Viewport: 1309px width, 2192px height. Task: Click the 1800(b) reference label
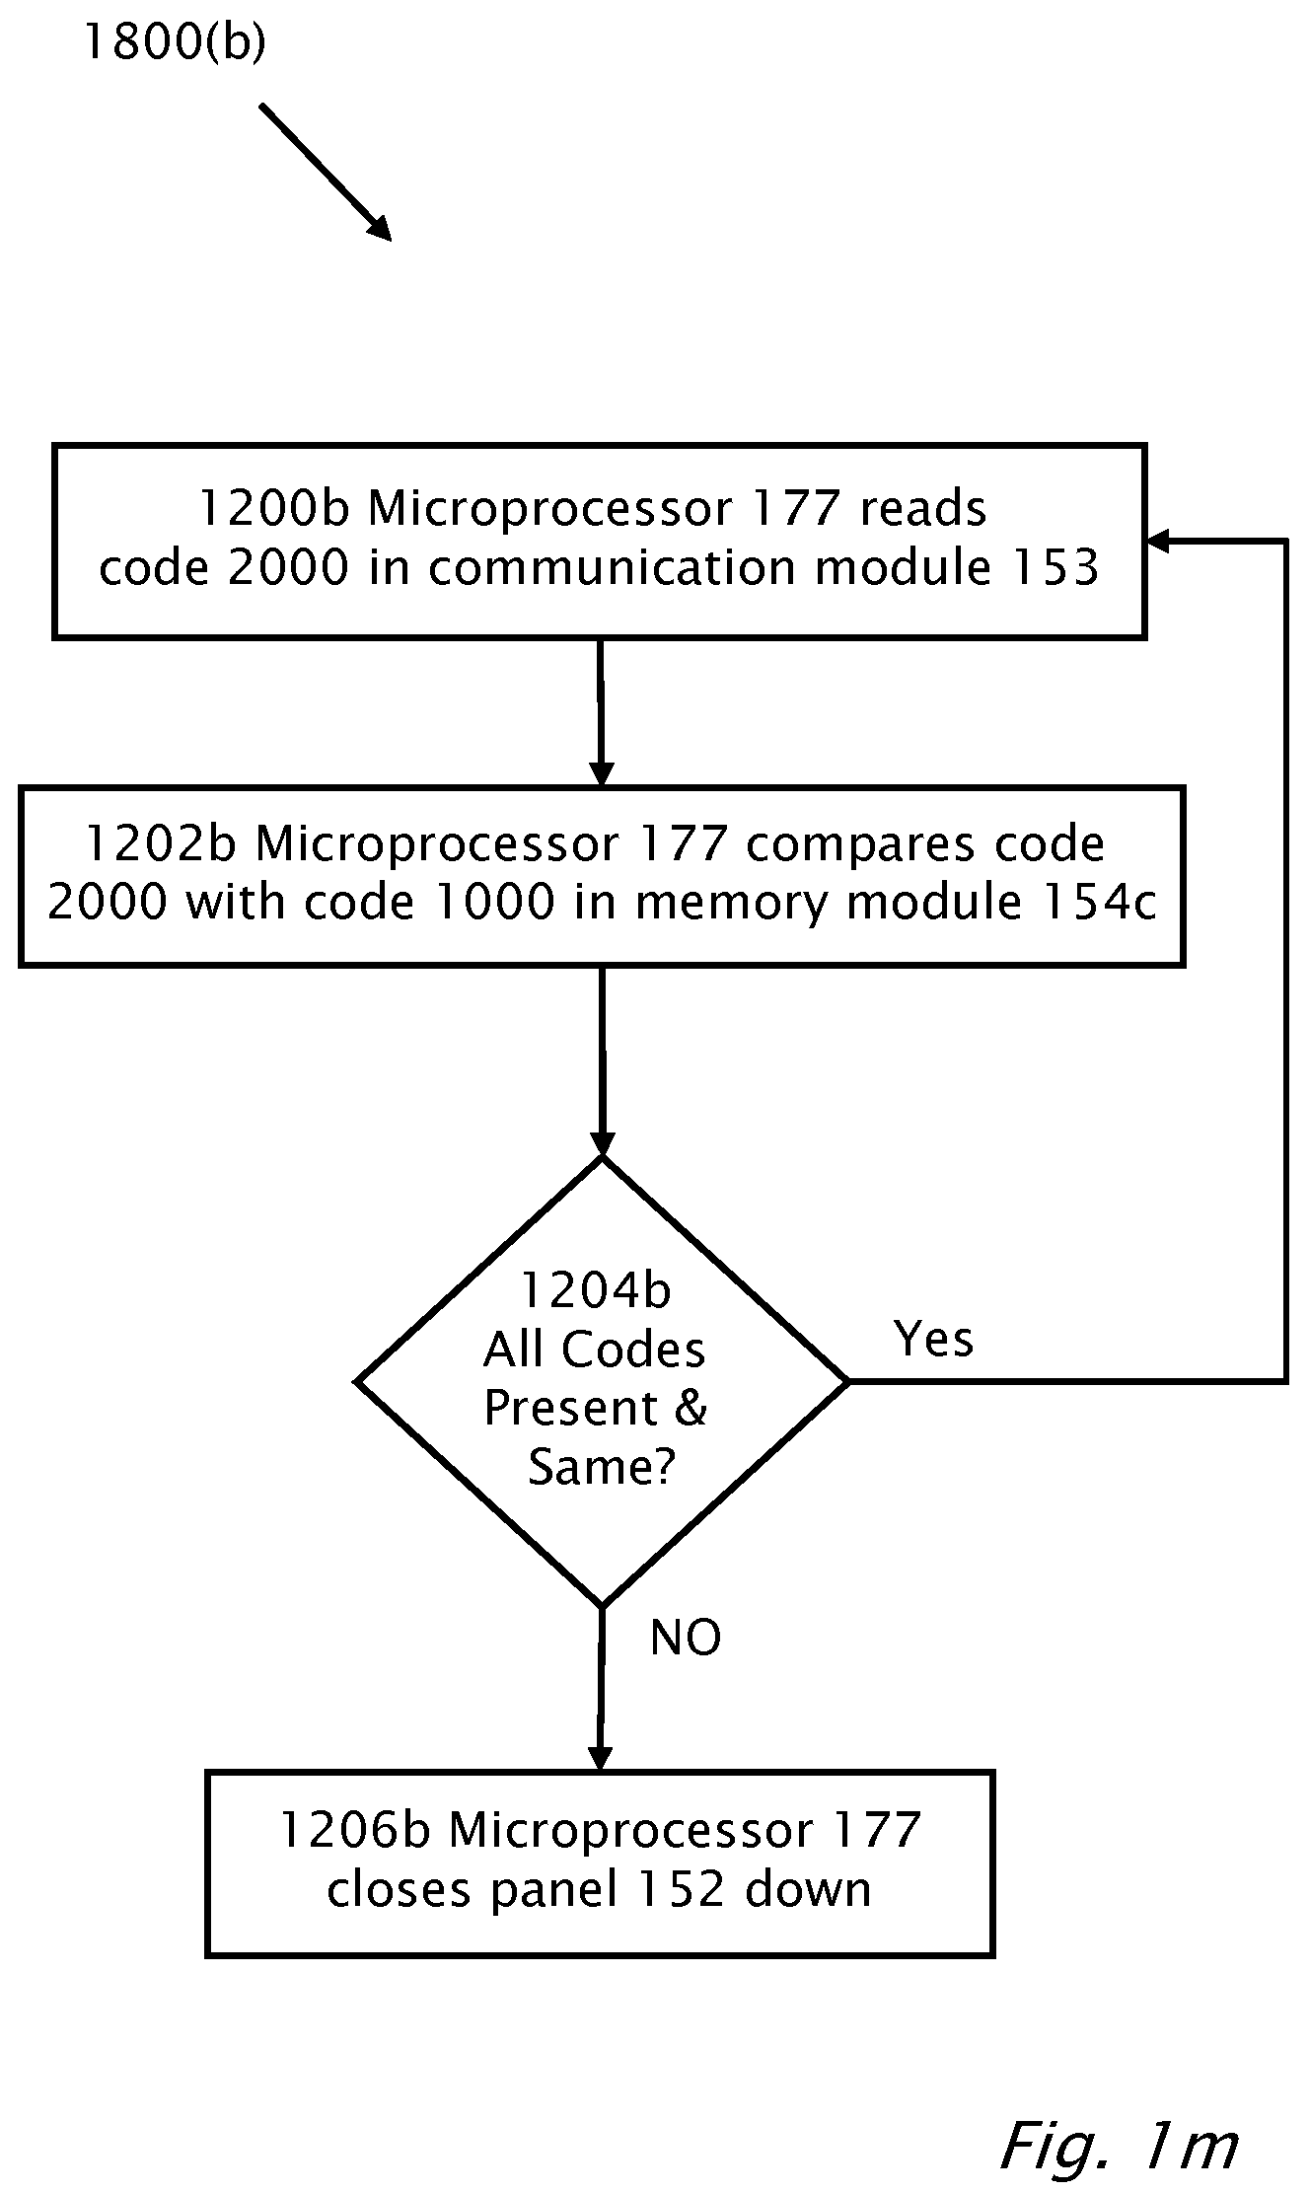[x=175, y=41]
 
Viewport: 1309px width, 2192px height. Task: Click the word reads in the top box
[x=922, y=509]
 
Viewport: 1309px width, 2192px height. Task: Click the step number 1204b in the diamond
[x=595, y=1290]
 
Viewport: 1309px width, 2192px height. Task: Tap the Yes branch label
[x=933, y=1339]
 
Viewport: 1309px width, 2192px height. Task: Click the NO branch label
[x=686, y=1639]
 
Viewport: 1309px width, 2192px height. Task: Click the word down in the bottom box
[x=808, y=1889]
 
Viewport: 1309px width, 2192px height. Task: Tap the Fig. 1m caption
[x=1119, y=2142]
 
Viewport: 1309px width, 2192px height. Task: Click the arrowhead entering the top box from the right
[x=1158, y=541]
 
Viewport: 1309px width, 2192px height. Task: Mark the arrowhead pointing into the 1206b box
[x=600, y=1759]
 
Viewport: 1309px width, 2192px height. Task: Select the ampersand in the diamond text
[x=691, y=1408]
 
